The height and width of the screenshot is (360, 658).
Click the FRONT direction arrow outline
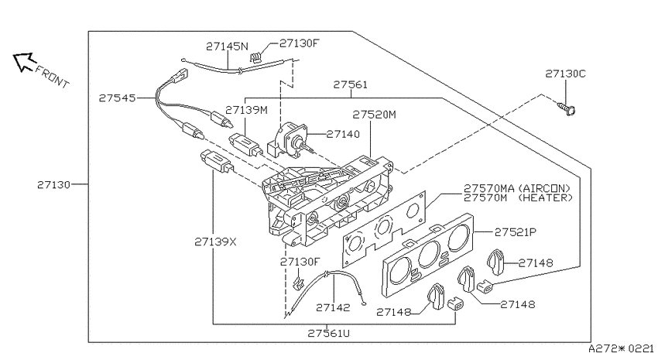pyautogui.click(x=22, y=62)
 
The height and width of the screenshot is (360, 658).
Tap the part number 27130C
pyautogui.click(x=565, y=74)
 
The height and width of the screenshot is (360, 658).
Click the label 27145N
pyautogui.click(x=227, y=46)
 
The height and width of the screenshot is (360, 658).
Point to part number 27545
pyautogui.click(x=118, y=98)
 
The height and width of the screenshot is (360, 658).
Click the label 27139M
pyautogui.click(x=246, y=111)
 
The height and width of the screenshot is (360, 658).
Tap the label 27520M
pyautogui.click(x=374, y=115)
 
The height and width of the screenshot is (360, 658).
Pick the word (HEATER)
pyautogui.click(x=546, y=197)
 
